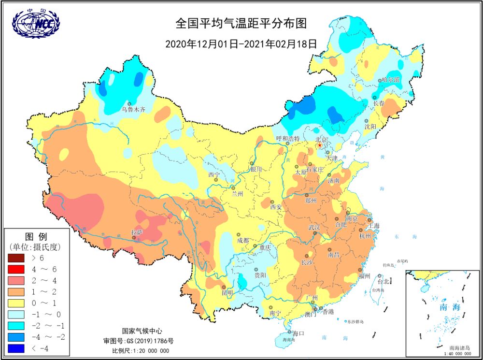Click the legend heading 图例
[36, 237]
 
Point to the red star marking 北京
[319, 145]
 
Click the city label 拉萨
[137, 232]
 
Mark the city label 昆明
[227, 293]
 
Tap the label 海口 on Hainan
[298, 333]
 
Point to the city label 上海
[373, 226]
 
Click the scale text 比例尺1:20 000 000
[142, 350]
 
